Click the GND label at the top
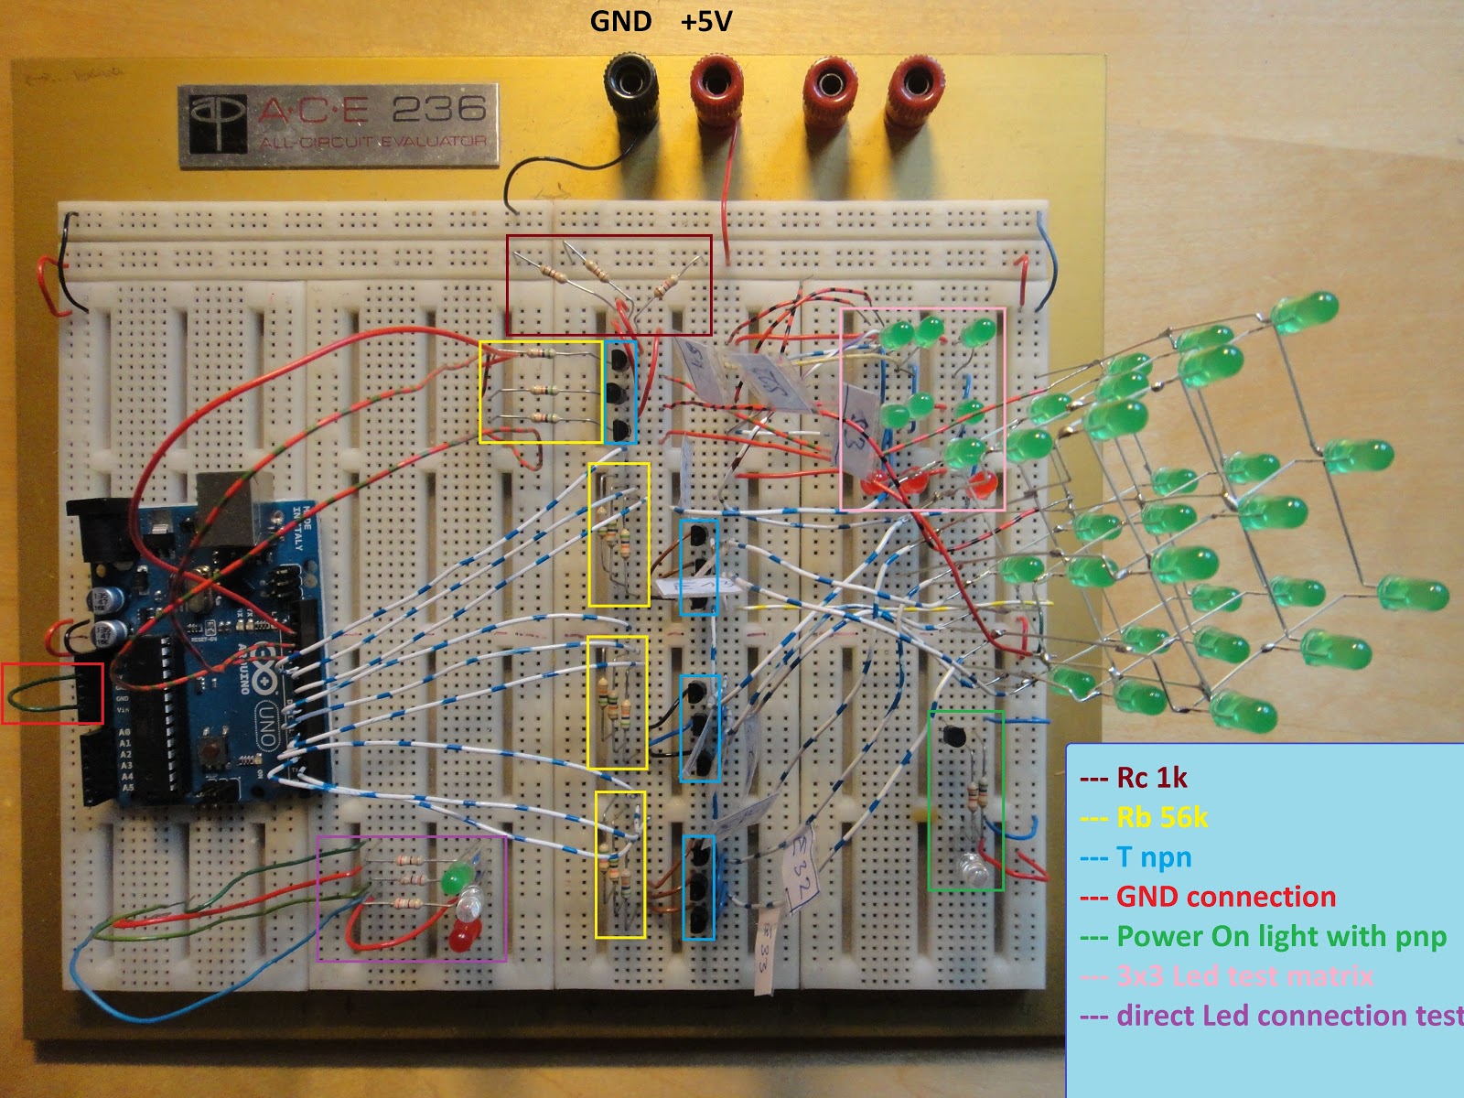[620, 21]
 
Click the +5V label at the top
[706, 21]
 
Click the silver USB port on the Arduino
[224, 503]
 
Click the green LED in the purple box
[454, 879]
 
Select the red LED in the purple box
[464, 935]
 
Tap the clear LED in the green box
[974, 869]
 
